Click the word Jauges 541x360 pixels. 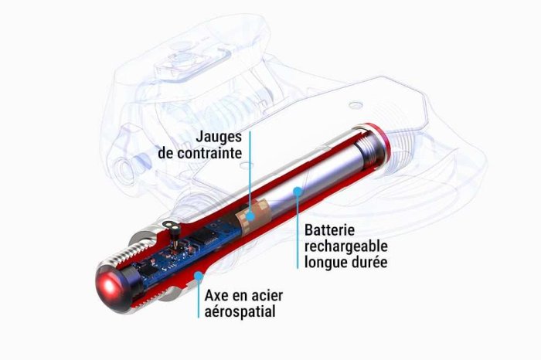pos(219,138)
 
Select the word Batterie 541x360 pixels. pos(329,229)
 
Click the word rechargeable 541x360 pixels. pos(346,246)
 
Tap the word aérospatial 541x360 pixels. pos(240,312)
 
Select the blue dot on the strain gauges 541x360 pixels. pos(250,216)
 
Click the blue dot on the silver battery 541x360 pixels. pos(297,190)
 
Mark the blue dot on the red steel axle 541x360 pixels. pos(198,276)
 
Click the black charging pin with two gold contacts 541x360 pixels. pos(173,229)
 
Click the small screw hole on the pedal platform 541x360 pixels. pos(356,104)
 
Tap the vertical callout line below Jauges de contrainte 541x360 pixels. pos(250,172)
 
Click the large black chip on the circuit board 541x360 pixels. pos(204,237)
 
